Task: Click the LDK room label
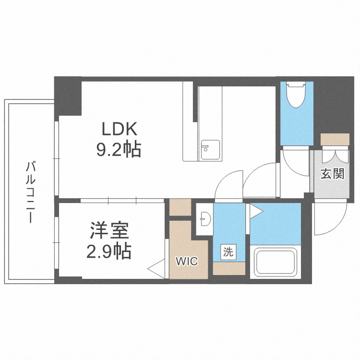click(119, 129)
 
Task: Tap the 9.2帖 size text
click(119, 149)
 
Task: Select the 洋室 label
click(109, 230)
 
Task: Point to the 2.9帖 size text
click(109, 251)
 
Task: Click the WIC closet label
click(187, 261)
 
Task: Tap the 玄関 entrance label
click(332, 174)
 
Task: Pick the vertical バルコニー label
click(31, 192)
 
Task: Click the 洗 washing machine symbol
click(228, 252)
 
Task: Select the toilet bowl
click(296, 95)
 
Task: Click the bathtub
click(276, 262)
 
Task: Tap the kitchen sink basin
click(210, 150)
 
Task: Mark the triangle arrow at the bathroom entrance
click(255, 211)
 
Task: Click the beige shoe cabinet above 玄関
click(335, 139)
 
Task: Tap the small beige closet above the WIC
click(180, 207)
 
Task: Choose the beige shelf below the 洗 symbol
click(229, 268)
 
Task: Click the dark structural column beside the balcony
click(68, 96)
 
